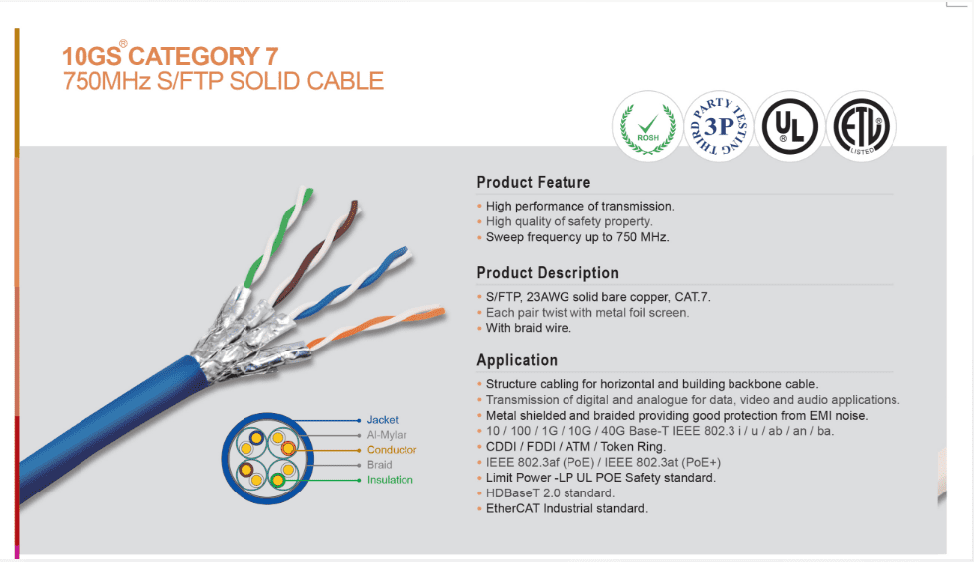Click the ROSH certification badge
pyautogui.click(x=648, y=126)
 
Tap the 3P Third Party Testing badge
pyautogui.click(x=719, y=126)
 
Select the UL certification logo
pyautogui.click(x=790, y=126)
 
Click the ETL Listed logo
pyautogui.click(x=862, y=126)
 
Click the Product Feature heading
pyautogui.click(x=534, y=183)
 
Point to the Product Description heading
pyautogui.click(x=548, y=273)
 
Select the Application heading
pyautogui.click(x=517, y=360)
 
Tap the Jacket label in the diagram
pyautogui.click(x=382, y=420)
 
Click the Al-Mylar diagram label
pyautogui.click(x=387, y=435)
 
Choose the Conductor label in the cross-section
pyautogui.click(x=392, y=450)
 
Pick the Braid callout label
pyautogui.click(x=379, y=465)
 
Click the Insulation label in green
pyautogui.click(x=390, y=480)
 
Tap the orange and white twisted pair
pyautogui.click(x=377, y=327)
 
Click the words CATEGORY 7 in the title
pyautogui.click(x=204, y=56)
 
